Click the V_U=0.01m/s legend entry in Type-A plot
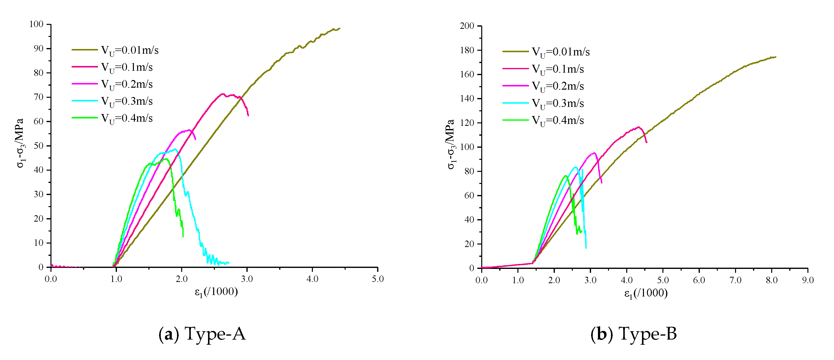(129, 50)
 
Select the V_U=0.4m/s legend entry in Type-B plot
(558, 120)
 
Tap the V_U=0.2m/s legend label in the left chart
(127, 84)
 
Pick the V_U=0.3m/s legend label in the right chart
(558, 103)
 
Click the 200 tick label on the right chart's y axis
(467, 26)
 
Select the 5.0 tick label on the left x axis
(378, 279)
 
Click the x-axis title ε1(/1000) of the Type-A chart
(216, 292)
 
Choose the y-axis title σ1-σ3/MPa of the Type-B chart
(451, 144)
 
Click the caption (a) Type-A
(202, 334)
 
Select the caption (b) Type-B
(634, 334)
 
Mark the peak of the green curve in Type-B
(566, 176)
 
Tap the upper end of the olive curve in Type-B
(775, 57)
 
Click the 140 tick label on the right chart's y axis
(467, 98)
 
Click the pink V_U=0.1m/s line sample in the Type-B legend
(515, 69)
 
